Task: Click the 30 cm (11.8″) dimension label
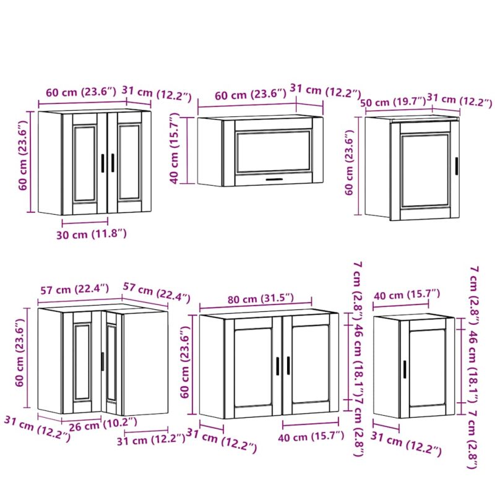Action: click(x=92, y=235)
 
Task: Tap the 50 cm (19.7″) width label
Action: click(x=394, y=102)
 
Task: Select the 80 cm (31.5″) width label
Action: click(x=260, y=298)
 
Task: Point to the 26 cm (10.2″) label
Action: click(x=103, y=424)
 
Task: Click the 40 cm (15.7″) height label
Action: click(x=174, y=148)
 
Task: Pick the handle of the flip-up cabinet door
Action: click(x=274, y=179)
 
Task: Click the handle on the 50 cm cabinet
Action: click(x=457, y=165)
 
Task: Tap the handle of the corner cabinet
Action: click(x=102, y=361)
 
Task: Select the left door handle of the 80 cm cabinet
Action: click(x=278, y=366)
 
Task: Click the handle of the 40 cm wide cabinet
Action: click(x=405, y=369)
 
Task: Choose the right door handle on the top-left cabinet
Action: click(x=113, y=163)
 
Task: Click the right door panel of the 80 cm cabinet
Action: click(x=311, y=364)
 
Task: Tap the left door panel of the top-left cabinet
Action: click(x=85, y=163)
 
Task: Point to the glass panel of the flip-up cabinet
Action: click(x=273, y=152)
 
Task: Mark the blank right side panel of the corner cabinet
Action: click(x=145, y=363)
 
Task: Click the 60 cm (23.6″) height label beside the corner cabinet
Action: click(x=20, y=352)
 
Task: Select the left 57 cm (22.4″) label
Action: click(x=75, y=289)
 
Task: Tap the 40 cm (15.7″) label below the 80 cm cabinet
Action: click(x=311, y=437)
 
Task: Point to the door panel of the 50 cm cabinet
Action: click(x=425, y=171)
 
